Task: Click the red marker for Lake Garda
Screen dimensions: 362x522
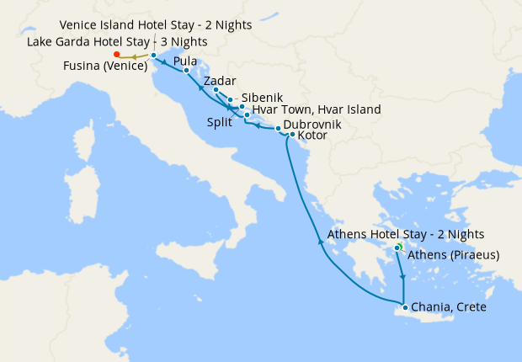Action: (115, 56)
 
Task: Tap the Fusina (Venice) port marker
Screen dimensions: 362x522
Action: (153, 56)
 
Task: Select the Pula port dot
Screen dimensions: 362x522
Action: (186, 71)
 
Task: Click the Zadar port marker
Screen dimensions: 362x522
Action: (216, 90)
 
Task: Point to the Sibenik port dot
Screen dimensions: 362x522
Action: (230, 100)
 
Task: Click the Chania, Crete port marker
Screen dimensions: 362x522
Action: (405, 307)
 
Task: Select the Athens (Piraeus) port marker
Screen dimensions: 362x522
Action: (397, 248)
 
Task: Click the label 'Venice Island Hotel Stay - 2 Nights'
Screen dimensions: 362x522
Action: (155, 25)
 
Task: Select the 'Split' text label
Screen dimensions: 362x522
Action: (220, 121)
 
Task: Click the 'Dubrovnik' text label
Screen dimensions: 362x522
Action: (312, 124)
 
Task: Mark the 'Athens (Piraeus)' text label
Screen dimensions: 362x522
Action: (455, 255)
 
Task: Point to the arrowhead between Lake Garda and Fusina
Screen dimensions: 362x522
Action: (133, 56)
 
